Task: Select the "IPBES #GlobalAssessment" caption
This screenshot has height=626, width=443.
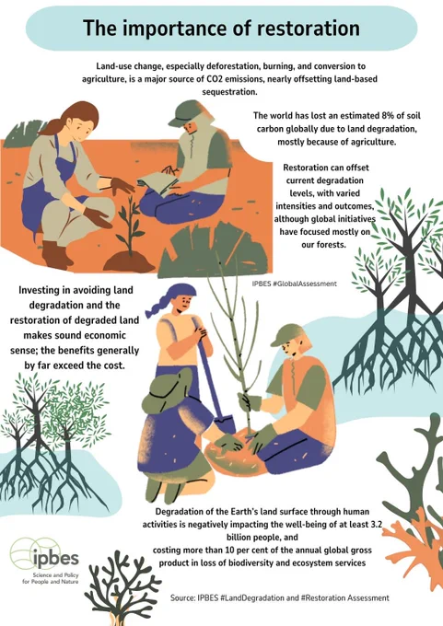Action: click(x=295, y=284)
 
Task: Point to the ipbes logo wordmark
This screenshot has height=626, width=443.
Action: click(x=55, y=558)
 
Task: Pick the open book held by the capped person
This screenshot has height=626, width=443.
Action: click(x=159, y=180)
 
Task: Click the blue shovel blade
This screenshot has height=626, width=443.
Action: click(x=225, y=424)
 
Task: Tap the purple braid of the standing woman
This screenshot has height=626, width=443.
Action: click(x=157, y=306)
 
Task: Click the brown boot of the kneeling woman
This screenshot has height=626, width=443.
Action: click(x=56, y=255)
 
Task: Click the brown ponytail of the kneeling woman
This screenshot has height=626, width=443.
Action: click(x=52, y=126)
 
